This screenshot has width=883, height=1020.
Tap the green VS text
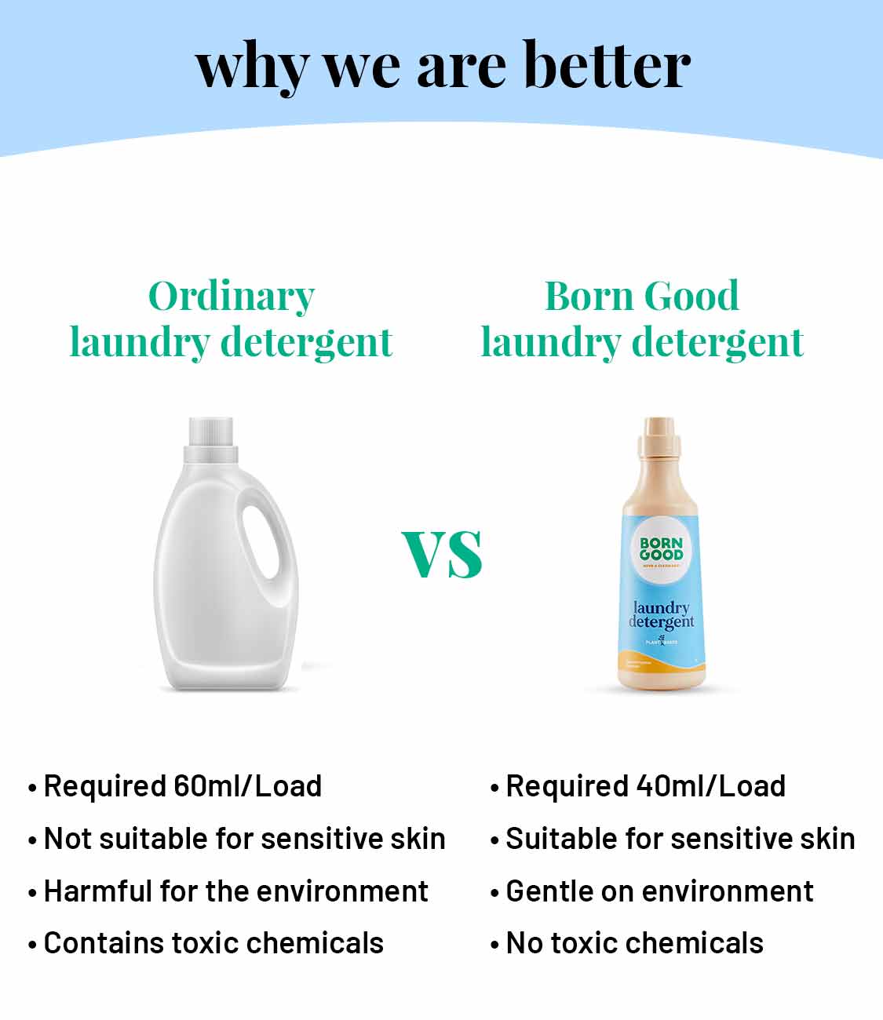tap(442, 554)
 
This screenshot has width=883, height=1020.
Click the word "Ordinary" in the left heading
tap(232, 297)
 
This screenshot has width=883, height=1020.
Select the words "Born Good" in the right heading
tap(641, 297)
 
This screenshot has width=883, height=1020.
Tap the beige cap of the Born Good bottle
tap(659, 439)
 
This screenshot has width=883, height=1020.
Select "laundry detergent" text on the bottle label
tap(661, 615)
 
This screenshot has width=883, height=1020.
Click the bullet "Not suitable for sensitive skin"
tap(244, 839)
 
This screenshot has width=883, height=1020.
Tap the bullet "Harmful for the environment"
tap(235, 891)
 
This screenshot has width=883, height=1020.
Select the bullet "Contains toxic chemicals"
tap(213, 943)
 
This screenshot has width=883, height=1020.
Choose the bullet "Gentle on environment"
tap(659, 891)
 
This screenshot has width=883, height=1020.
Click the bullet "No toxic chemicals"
tap(634, 943)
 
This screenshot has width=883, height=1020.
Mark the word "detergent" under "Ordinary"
tap(305, 342)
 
